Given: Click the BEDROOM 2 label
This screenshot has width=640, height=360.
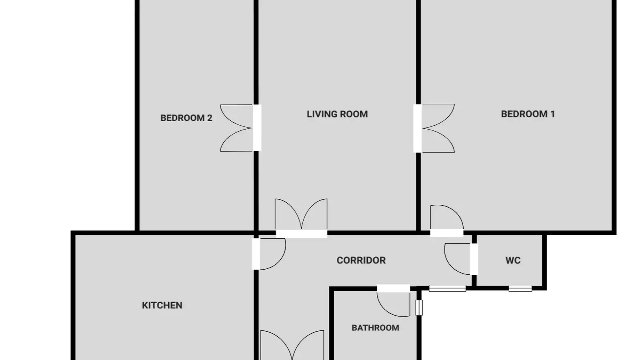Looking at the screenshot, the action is (x=186, y=118).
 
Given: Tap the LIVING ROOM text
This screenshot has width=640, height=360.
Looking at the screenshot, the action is (x=337, y=114).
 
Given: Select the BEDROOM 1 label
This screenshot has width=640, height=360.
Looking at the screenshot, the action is (x=528, y=114).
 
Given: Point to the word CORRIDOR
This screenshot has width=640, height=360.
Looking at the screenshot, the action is (x=361, y=260).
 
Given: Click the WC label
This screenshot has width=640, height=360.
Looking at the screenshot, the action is (x=513, y=260).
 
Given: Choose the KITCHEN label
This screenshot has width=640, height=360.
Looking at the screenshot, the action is (x=162, y=306).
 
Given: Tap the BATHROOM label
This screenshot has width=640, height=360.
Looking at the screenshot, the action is (x=376, y=328).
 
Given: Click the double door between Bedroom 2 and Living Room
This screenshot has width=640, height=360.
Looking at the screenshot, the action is (x=240, y=128).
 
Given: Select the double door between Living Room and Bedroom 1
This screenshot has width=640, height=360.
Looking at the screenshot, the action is (x=434, y=128).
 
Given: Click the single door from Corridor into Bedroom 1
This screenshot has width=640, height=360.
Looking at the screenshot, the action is (x=447, y=220).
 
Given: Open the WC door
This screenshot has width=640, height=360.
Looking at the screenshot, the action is (x=460, y=259).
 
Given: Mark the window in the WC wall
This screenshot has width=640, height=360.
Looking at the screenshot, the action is (x=520, y=288).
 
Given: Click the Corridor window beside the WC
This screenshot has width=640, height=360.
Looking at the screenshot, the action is (x=448, y=288).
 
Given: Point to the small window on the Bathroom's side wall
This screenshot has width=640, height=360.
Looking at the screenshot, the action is (x=419, y=308).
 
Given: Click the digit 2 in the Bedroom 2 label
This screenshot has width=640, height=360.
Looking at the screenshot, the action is (x=210, y=118).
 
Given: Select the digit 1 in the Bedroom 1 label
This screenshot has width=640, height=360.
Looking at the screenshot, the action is (x=552, y=114).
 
